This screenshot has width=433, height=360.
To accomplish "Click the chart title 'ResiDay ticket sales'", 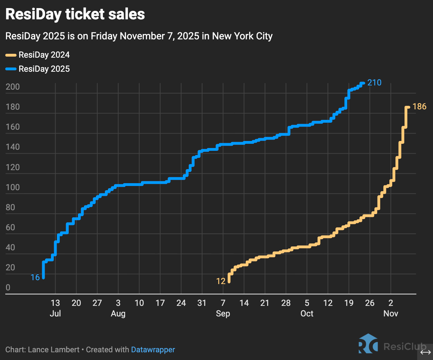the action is (x=75, y=14).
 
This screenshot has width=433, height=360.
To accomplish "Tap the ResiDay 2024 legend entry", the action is (x=38, y=55).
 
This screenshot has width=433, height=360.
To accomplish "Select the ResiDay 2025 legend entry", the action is (x=38, y=69).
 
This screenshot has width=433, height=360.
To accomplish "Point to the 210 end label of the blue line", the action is (x=374, y=83).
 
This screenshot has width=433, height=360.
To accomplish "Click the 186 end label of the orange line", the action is (x=420, y=107).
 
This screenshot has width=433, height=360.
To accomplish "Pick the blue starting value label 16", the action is (x=35, y=277).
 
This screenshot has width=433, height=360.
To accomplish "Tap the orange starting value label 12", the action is (x=221, y=281).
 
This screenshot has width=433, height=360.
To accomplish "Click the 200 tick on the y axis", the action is (x=13, y=87).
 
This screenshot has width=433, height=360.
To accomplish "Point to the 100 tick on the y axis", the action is (x=13, y=187).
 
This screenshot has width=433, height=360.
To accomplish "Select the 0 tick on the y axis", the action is (x=8, y=288).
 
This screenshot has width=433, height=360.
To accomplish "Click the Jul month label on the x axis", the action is (x=56, y=313).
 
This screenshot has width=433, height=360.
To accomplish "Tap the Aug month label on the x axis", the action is (x=118, y=314).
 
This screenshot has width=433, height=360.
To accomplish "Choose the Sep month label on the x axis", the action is (x=223, y=314).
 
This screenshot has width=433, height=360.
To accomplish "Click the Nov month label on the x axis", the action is (x=391, y=313).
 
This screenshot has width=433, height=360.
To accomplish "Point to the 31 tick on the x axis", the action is (x=202, y=303).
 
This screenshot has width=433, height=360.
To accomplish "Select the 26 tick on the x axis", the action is (x=370, y=303).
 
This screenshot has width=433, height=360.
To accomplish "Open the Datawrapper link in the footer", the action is (x=153, y=350).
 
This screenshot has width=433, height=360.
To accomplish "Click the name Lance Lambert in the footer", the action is (x=54, y=349).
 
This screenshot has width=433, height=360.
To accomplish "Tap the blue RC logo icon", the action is (x=368, y=343).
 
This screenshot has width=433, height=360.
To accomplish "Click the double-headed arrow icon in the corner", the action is (x=426, y=352).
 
